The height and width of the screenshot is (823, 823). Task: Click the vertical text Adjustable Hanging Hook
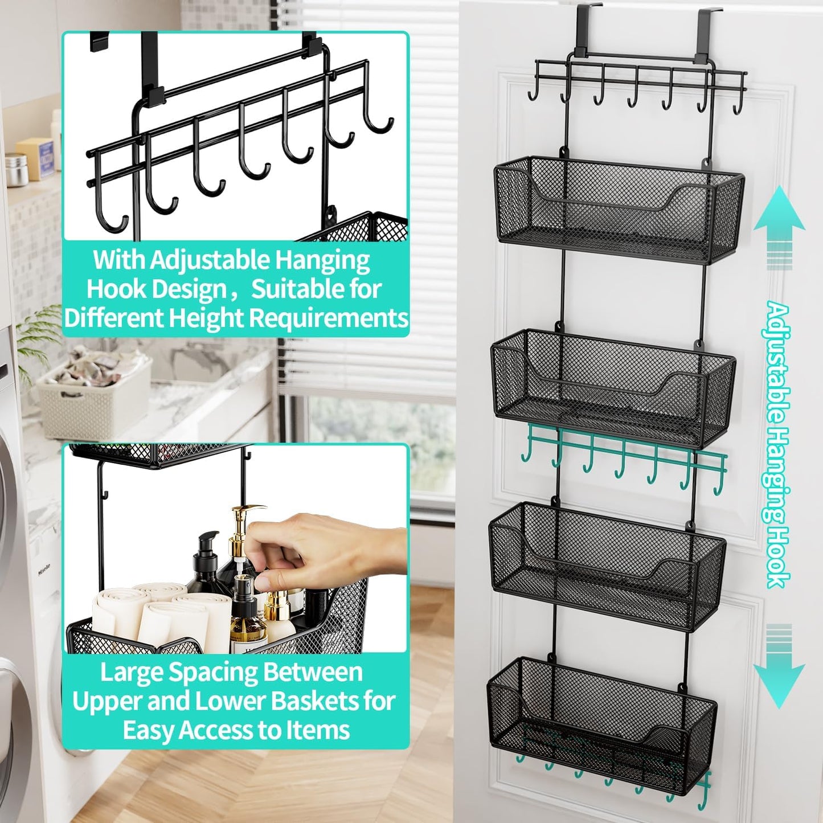point(778,444)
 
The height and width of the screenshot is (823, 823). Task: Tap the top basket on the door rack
point(619,211)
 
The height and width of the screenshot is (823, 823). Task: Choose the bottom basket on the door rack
point(601,723)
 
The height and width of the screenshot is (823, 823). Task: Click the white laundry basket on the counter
point(94,399)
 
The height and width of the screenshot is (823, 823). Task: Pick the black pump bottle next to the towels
point(205,564)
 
